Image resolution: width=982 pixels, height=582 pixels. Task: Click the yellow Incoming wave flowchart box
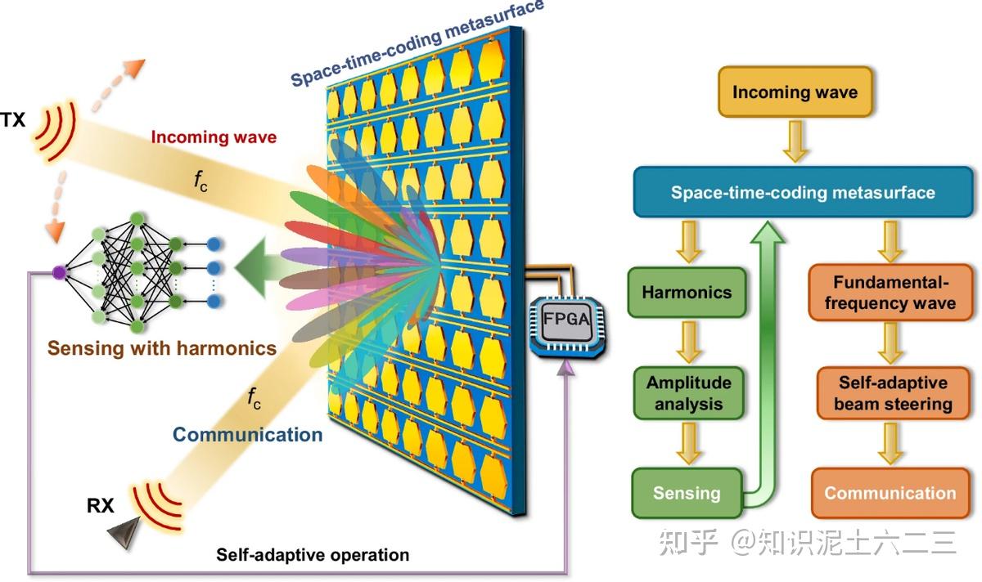pyautogui.click(x=795, y=92)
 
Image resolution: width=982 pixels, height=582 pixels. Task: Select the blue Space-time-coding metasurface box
pyautogui.click(x=803, y=192)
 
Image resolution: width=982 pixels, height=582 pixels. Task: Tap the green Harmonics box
pyautogui.click(x=687, y=292)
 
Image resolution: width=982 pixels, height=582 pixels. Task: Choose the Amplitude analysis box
pyautogui.click(x=689, y=393)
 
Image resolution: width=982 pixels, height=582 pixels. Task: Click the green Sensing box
pyautogui.click(x=687, y=493)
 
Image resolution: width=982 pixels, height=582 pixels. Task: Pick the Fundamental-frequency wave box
pyautogui.click(x=890, y=293)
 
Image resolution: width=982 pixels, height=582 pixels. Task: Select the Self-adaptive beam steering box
pyautogui.click(x=893, y=393)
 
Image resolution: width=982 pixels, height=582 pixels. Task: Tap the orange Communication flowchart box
pyautogui.click(x=890, y=493)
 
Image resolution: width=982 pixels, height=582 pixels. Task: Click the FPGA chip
pyautogui.click(x=567, y=325)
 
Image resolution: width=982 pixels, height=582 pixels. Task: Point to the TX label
pyautogui.click(x=13, y=119)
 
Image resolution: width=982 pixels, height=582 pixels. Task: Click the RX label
pyautogui.click(x=101, y=506)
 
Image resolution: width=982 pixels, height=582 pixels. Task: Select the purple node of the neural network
pyautogui.click(x=59, y=272)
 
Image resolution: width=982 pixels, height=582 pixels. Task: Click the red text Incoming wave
pyautogui.click(x=214, y=137)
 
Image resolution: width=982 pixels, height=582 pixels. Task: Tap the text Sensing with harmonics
pyautogui.click(x=162, y=348)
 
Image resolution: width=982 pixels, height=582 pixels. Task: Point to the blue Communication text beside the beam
pyautogui.click(x=248, y=434)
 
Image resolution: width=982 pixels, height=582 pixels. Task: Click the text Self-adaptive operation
pyautogui.click(x=313, y=555)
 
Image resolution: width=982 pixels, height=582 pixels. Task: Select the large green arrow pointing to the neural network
pyautogui.click(x=261, y=267)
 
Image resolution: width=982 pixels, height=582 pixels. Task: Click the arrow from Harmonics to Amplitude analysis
pyautogui.click(x=689, y=342)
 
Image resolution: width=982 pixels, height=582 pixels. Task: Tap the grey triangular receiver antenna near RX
pyautogui.click(x=124, y=531)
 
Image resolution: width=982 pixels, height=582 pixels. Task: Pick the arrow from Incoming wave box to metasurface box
pyautogui.click(x=795, y=141)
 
